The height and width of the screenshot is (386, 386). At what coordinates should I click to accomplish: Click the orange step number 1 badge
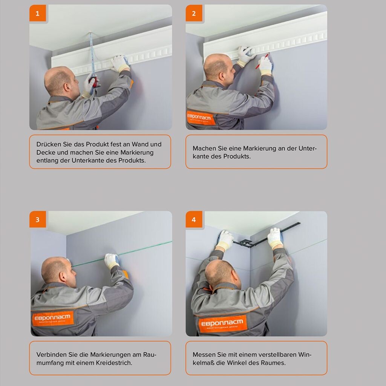pos(38,13)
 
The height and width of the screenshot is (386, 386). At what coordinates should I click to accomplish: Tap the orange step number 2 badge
pos(194,13)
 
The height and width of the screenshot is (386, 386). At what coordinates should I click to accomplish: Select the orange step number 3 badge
pos(38,219)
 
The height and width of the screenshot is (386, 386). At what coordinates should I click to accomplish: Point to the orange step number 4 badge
pos(194,219)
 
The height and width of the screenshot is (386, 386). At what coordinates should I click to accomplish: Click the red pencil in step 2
pos(262,61)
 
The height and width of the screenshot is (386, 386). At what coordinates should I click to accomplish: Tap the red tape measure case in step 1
pos(93,82)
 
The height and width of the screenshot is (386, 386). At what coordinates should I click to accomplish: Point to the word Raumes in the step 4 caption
pos(273,363)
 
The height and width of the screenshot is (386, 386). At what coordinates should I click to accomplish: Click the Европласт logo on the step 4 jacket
pos(222,323)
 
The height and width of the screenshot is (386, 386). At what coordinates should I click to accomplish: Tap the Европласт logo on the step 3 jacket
pos(53,319)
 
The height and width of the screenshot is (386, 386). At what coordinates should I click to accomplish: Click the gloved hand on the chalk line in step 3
pos(112,261)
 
